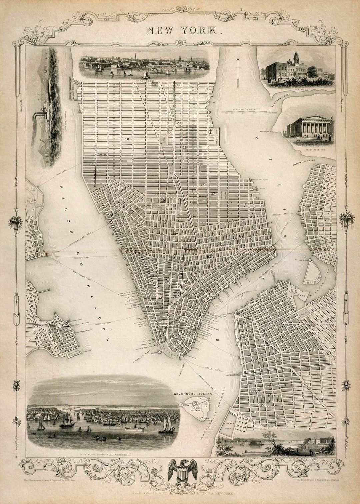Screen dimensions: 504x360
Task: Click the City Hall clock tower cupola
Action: [295, 57]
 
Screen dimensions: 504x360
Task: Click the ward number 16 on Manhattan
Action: [127, 139]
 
